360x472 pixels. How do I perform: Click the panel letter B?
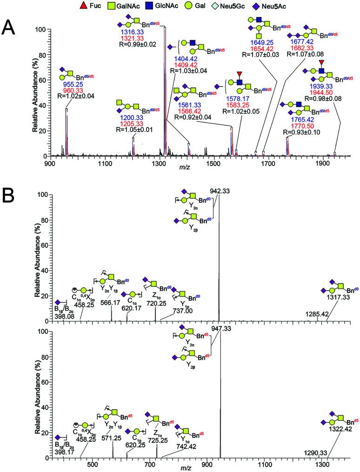pos(9,193)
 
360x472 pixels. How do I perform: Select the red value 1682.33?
pos(299,47)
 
